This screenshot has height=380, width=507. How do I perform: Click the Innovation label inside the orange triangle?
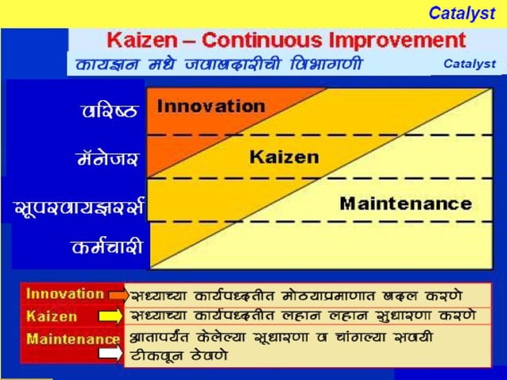coord(211,106)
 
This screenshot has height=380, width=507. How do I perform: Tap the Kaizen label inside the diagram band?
coord(284,157)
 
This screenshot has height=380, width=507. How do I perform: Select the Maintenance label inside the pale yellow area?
coord(405,203)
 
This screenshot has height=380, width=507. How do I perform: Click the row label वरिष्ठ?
coord(110,111)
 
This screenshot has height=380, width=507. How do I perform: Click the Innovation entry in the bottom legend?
coord(64,293)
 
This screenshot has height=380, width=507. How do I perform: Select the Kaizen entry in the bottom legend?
coord(52,316)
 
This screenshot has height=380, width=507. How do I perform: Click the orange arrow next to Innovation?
coord(118,296)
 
